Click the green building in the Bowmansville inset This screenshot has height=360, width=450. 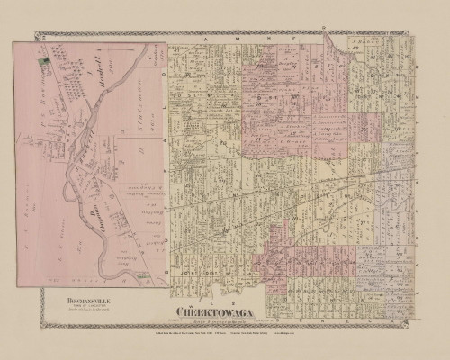41,61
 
